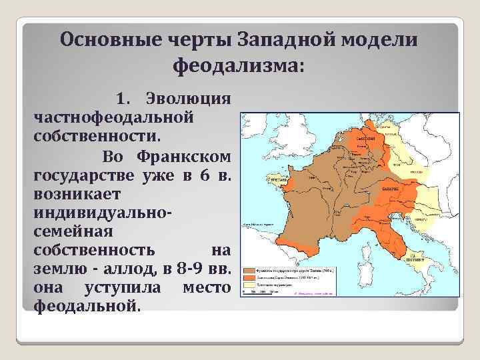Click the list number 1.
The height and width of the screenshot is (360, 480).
point(124,99)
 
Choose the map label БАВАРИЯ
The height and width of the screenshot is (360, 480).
point(391,189)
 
